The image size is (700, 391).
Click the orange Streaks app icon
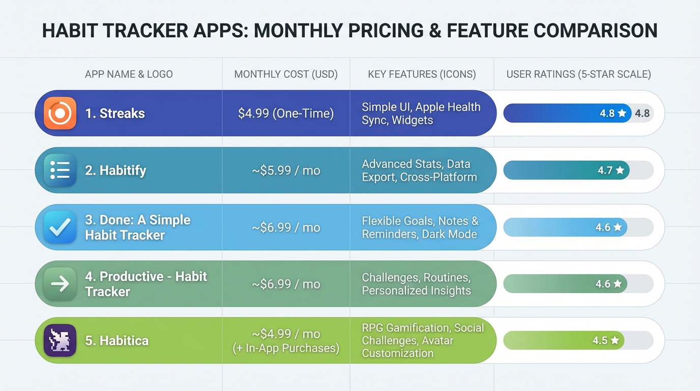(x=60, y=113)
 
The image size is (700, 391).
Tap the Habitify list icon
(x=60, y=170)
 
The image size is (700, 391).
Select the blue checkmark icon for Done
(x=60, y=227)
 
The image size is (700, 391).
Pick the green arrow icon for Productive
(x=60, y=284)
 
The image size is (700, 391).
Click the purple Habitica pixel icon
(x=60, y=340)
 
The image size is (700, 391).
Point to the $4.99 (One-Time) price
(x=286, y=113)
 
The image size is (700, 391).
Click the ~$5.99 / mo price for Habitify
(x=286, y=171)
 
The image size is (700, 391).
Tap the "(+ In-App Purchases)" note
(x=286, y=348)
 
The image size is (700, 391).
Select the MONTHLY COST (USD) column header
(x=286, y=74)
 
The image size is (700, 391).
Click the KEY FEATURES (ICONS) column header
(x=422, y=74)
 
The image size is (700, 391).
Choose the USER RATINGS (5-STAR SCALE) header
(x=578, y=74)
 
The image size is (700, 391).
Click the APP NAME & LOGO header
(x=129, y=74)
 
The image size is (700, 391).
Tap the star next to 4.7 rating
(x=620, y=171)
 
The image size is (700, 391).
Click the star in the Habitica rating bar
(x=615, y=340)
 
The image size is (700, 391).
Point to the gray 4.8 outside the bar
(x=642, y=114)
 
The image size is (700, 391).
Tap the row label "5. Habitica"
(x=116, y=341)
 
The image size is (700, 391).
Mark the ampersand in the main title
(x=434, y=31)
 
